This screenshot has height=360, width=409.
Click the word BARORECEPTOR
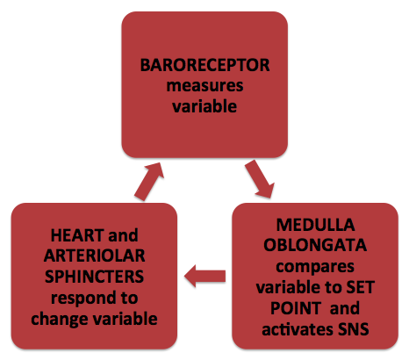pos(204,65)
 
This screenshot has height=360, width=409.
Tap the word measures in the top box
pos(204,86)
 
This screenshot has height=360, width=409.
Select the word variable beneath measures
pos(204,106)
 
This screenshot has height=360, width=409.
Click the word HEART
pos(77,235)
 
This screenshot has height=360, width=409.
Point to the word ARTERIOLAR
pos(94,256)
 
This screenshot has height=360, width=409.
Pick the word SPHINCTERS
pos(94,277)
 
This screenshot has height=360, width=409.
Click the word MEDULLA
pos(315,225)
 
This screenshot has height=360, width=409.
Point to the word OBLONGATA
pos(315,245)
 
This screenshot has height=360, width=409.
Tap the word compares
pos(315,267)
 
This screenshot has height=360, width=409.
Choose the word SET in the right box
pos(361,287)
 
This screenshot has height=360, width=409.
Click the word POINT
pos(295,308)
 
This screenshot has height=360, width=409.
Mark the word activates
pos(298,329)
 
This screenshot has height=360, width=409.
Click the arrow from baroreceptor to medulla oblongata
pos(260,179)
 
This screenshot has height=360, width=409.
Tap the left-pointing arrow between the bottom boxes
pos(204,277)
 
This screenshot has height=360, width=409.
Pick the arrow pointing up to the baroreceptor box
pos(149,182)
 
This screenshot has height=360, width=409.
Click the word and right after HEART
pos(123,235)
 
